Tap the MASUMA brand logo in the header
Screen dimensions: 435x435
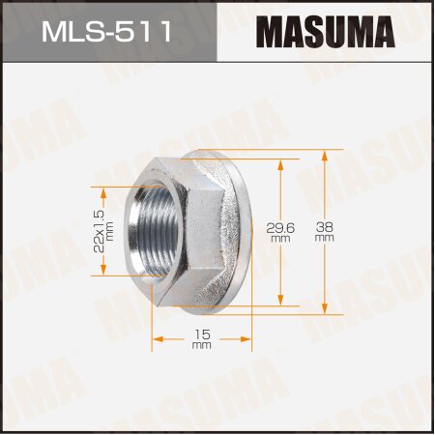325,33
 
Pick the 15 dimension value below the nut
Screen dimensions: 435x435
202,333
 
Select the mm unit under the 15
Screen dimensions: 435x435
202,346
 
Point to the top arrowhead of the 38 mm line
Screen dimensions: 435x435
324,155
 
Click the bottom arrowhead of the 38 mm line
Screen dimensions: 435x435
324,309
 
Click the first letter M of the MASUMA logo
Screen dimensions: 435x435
273,33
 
